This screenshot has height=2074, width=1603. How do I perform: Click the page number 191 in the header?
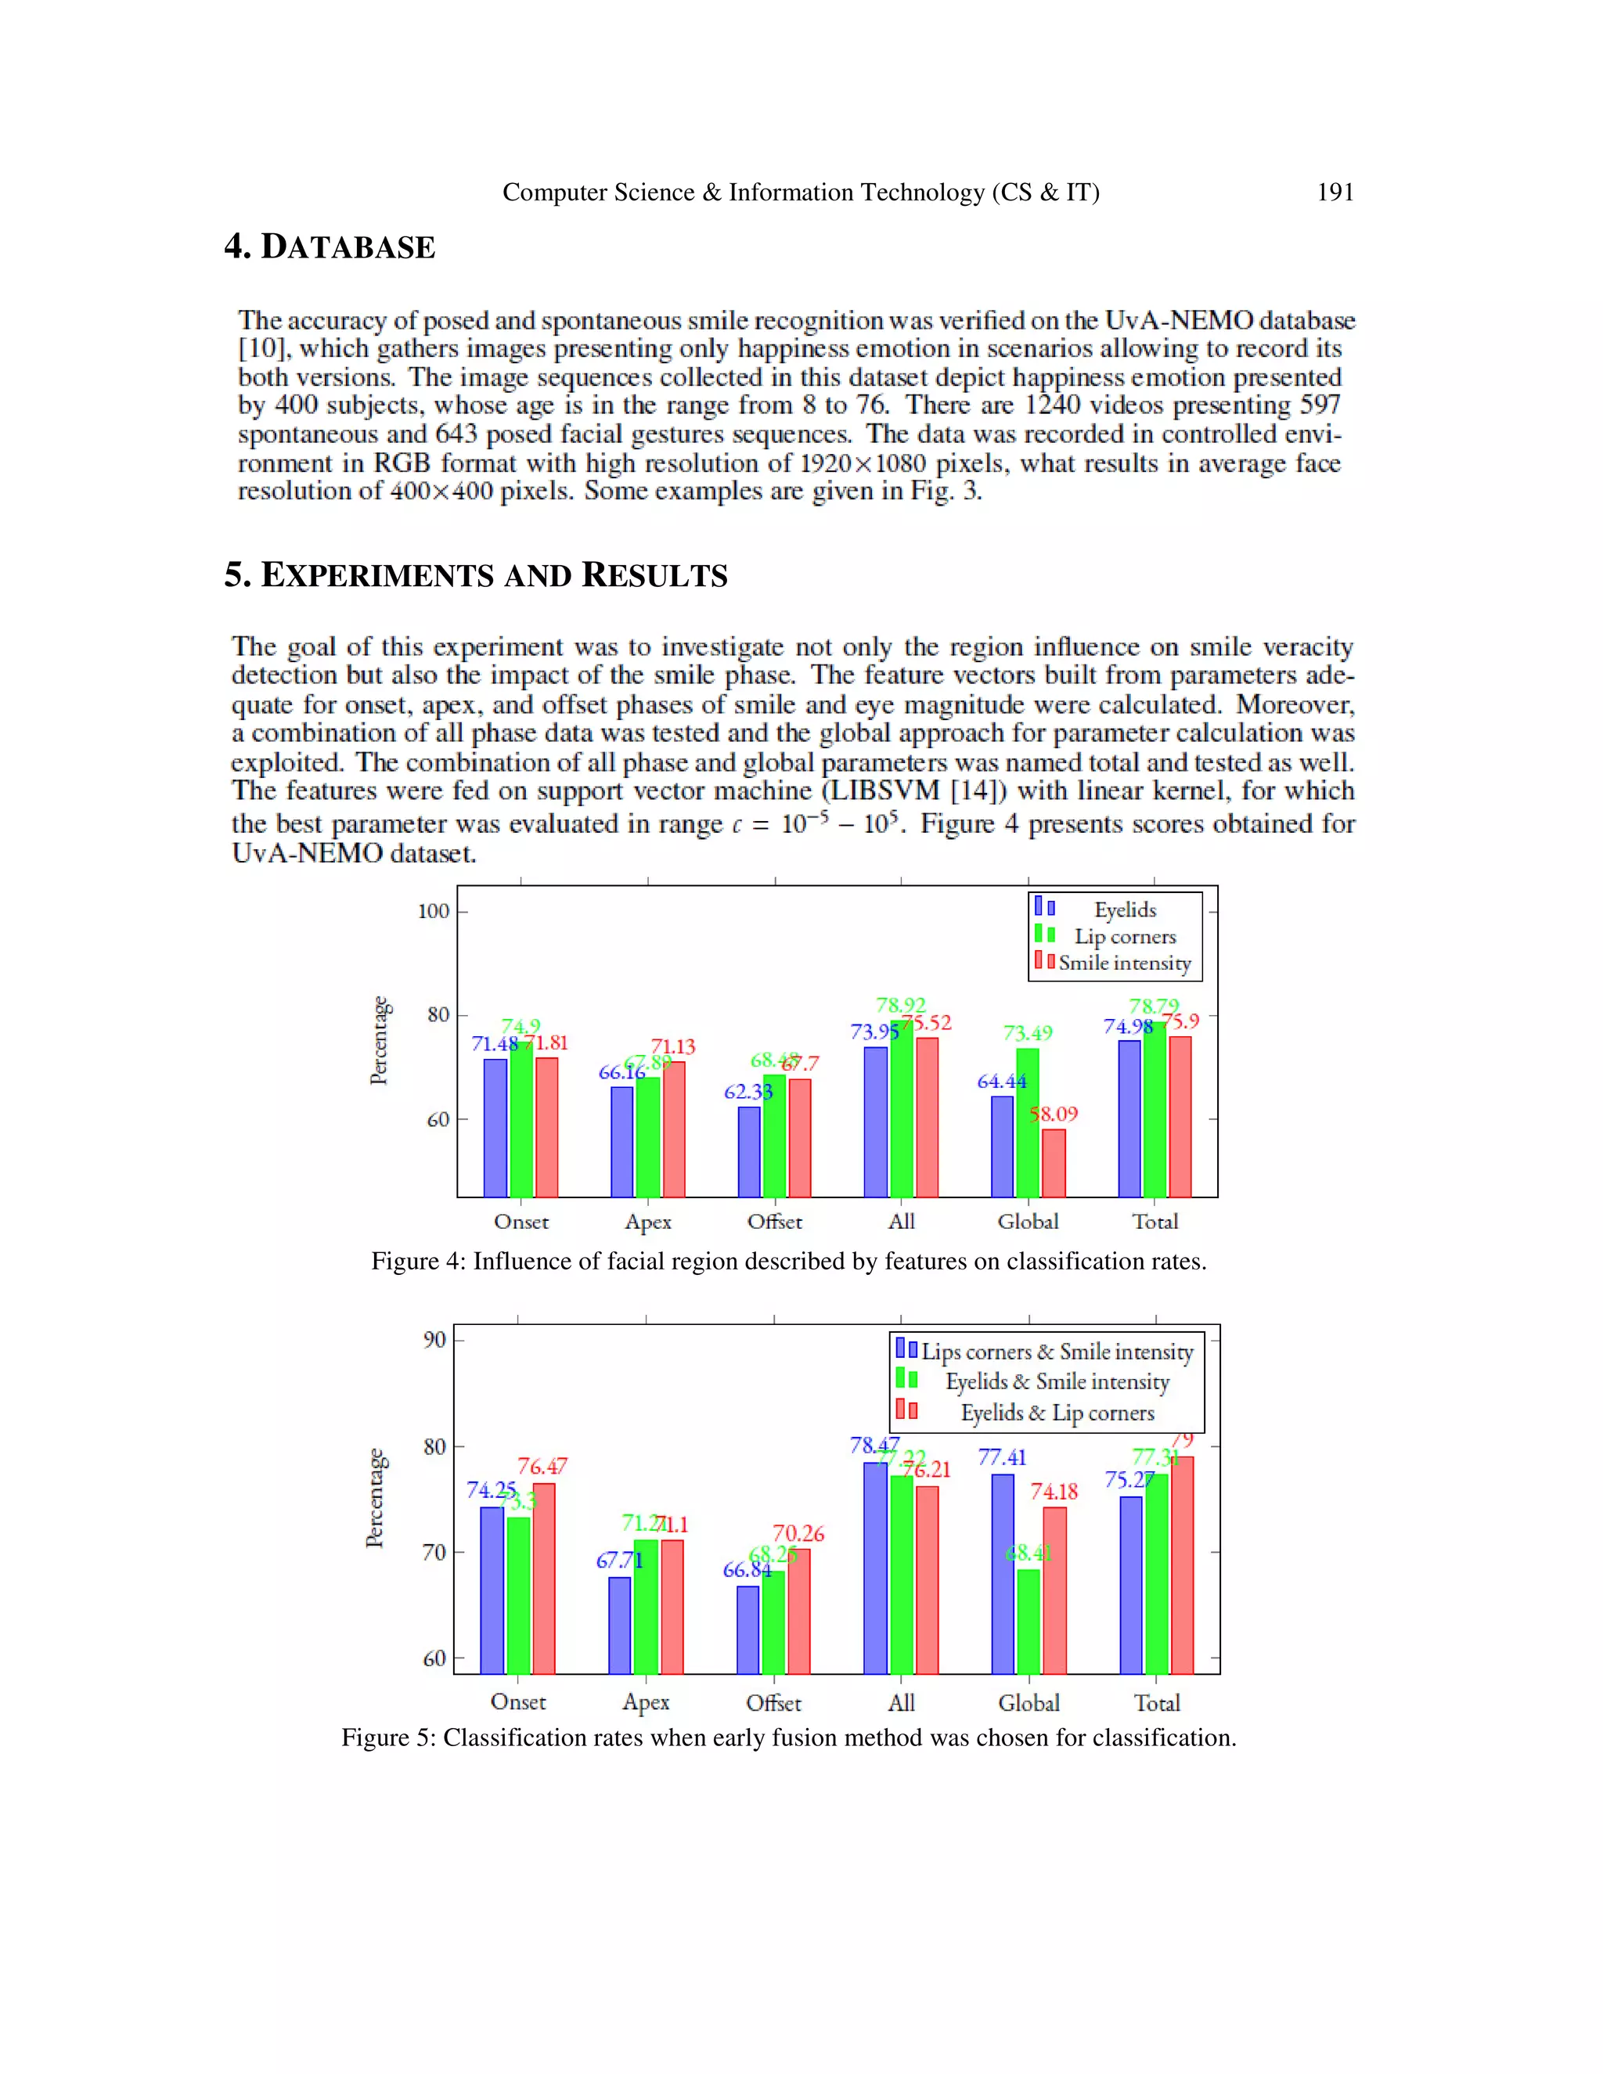pyautogui.click(x=1335, y=193)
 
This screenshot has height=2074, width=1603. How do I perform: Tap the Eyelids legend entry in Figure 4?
pyautogui.click(x=1125, y=909)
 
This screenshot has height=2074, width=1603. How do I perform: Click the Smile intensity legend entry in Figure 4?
pyautogui.click(x=1125, y=963)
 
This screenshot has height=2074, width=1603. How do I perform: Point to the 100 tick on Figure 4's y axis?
pyautogui.click(x=434, y=912)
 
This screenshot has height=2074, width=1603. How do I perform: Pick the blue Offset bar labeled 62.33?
pyautogui.click(x=749, y=1151)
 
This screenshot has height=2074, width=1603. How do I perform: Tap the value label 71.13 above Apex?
pyautogui.click(x=673, y=1046)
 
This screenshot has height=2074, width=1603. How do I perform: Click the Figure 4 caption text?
pyautogui.click(x=788, y=1262)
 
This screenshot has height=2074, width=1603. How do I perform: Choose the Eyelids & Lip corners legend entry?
pyautogui.click(x=1057, y=1413)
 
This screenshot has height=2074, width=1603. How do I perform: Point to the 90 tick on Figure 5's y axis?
pyautogui.click(x=434, y=1340)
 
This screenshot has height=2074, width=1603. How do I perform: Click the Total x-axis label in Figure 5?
pyautogui.click(x=1157, y=1703)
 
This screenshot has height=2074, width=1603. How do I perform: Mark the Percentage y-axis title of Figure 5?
pyautogui.click(x=376, y=1497)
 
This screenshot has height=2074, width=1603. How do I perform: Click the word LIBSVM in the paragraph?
pyautogui.click(x=885, y=792)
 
